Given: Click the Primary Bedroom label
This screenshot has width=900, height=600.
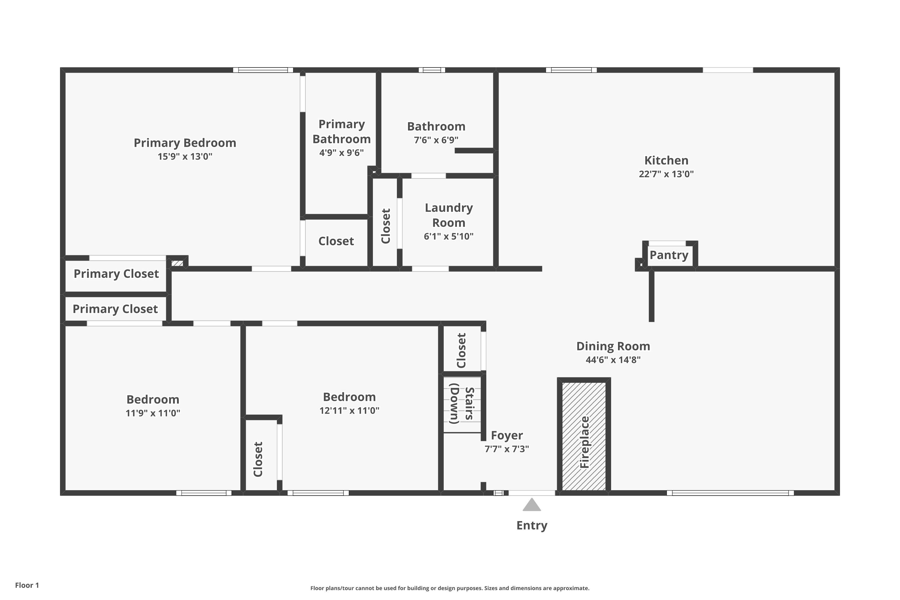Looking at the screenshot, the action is click(185, 143).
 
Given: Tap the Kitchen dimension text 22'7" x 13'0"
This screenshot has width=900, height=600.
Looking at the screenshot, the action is click(666, 174).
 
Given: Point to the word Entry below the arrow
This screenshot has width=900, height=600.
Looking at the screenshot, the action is click(532, 525).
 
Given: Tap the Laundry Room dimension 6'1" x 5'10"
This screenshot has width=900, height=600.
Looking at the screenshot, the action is click(448, 236).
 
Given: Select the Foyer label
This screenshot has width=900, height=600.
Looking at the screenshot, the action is click(507, 436).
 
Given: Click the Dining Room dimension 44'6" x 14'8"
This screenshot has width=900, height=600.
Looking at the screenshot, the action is click(613, 360).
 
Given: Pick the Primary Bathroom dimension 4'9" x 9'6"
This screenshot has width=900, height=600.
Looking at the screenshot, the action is click(341, 153).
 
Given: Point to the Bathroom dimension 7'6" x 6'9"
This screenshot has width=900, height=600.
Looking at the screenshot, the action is click(436, 140).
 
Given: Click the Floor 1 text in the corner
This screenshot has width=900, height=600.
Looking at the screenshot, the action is click(27, 585).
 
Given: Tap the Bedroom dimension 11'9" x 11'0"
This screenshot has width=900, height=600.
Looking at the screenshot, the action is click(153, 413).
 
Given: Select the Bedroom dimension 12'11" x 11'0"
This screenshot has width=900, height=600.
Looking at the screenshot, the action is click(349, 411).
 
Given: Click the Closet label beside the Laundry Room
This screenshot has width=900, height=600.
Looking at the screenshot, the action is click(386, 226).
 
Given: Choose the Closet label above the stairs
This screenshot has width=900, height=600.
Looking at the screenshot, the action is click(461, 350).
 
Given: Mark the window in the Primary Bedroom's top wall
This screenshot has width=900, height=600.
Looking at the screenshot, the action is click(263, 70).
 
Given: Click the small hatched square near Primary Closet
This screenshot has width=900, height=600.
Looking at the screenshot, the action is click(177, 263).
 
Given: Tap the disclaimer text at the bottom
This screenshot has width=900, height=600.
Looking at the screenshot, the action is click(450, 588).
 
